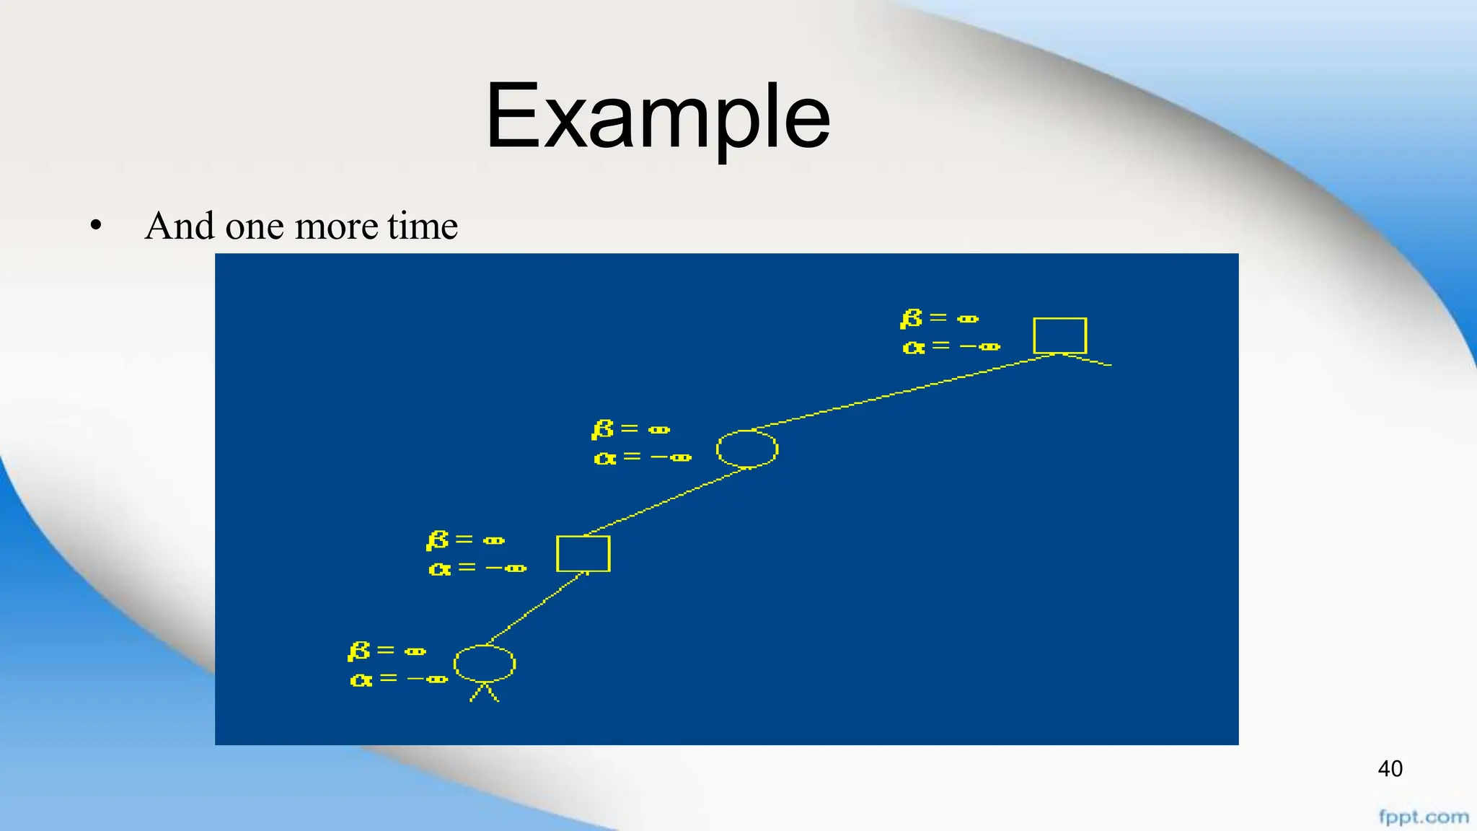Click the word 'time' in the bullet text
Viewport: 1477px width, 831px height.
pyautogui.click(x=422, y=226)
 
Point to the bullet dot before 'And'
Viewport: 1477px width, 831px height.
pyautogui.click(x=96, y=227)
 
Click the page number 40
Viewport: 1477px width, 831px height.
pyautogui.click(x=1390, y=769)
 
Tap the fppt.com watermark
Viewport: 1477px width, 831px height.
pyautogui.click(x=1424, y=817)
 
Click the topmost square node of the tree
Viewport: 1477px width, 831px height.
pyautogui.click(x=1059, y=335)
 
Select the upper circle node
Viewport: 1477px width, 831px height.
pyautogui.click(x=747, y=449)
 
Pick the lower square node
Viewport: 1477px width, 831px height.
pyautogui.click(x=583, y=553)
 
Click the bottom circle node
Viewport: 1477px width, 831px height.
pyautogui.click(x=485, y=664)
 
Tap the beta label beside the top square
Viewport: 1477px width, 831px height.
pyautogui.click(x=939, y=318)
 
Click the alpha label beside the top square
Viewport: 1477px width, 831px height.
pyautogui.click(x=951, y=347)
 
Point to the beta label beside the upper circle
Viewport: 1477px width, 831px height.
pyautogui.click(x=630, y=429)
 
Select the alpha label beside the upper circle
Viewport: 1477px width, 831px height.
pyautogui.click(x=642, y=457)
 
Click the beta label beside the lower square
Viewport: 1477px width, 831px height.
pyautogui.click(x=465, y=540)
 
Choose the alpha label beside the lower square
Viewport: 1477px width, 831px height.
pyautogui.click(x=477, y=568)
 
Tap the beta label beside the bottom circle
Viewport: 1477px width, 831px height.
pyautogui.click(x=387, y=651)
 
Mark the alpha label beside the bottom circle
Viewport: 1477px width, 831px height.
pyautogui.click(x=398, y=680)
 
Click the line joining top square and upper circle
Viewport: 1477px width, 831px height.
pyautogui.click(x=901, y=392)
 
